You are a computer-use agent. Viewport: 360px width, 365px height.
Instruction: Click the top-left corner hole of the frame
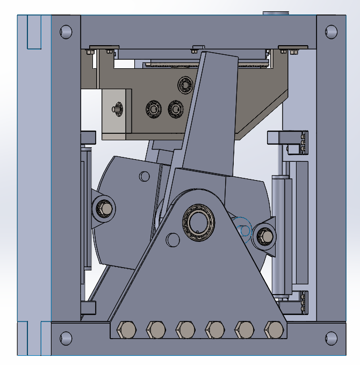[x=66, y=32]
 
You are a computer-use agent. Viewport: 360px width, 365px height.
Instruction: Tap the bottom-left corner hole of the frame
[x=66, y=338]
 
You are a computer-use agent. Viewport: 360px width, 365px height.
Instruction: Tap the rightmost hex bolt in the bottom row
[x=274, y=328]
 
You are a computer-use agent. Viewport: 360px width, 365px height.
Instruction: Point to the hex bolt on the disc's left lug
[x=104, y=207]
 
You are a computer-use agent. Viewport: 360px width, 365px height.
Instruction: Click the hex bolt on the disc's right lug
[x=265, y=236]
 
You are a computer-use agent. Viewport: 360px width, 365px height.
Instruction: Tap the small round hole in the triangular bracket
[x=172, y=239]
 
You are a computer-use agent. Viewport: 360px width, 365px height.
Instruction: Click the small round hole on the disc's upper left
[x=144, y=176]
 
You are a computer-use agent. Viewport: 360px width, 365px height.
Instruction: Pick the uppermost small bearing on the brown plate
[x=186, y=84]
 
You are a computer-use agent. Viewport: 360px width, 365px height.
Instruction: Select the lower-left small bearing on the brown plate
[x=154, y=109]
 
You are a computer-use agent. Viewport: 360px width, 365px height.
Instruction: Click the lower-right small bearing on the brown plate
[x=176, y=109]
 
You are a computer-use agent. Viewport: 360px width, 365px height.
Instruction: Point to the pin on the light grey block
[x=115, y=109]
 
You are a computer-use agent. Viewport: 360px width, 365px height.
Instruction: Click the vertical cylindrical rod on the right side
[x=279, y=237]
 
